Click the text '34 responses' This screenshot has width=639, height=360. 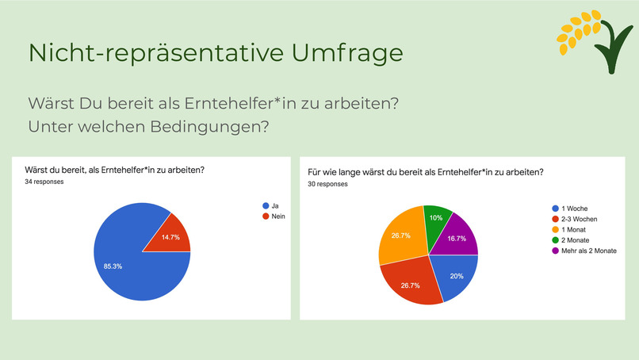pyautogui.click(x=44, y=182)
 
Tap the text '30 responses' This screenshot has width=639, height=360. pyautogui.click(x=327, y=183)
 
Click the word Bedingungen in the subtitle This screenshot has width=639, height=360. pyautogui.click(x=207, y=125)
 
